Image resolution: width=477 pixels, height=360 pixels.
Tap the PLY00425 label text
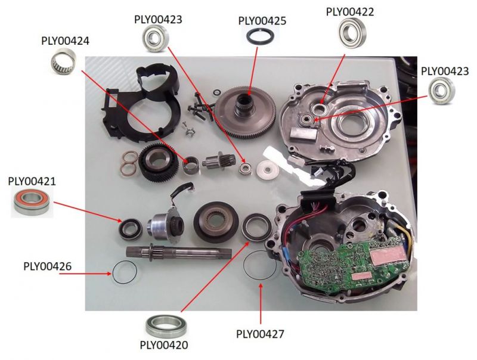[x=262, y=21]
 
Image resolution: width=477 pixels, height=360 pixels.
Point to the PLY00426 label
[x=48, y=266]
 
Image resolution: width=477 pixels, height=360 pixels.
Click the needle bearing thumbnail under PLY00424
[x=64, y=61]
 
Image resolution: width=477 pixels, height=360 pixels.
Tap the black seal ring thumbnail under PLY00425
[x=261, y=37]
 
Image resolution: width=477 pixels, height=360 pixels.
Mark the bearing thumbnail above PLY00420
[x=163, y=325]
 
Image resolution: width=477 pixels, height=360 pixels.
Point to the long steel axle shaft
[x=179, y=252]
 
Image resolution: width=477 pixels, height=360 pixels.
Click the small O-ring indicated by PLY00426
[x=124, y=275]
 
